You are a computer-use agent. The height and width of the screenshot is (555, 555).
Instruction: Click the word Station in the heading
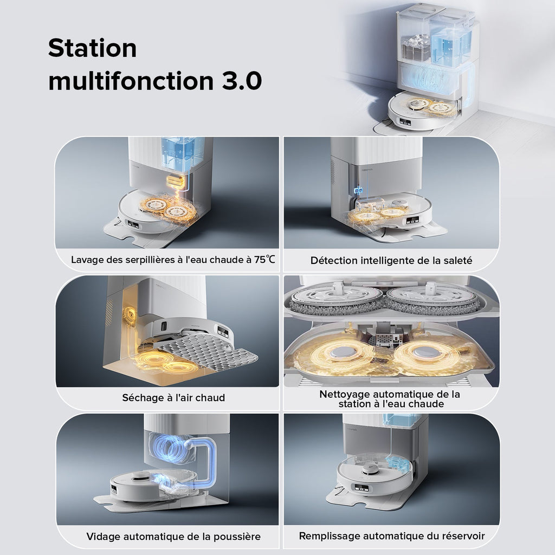92,49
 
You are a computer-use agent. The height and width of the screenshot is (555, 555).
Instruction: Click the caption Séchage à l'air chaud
166,398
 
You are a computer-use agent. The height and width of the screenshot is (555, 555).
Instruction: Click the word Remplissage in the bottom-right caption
330,536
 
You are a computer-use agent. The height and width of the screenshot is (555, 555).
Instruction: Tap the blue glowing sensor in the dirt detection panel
358,191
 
